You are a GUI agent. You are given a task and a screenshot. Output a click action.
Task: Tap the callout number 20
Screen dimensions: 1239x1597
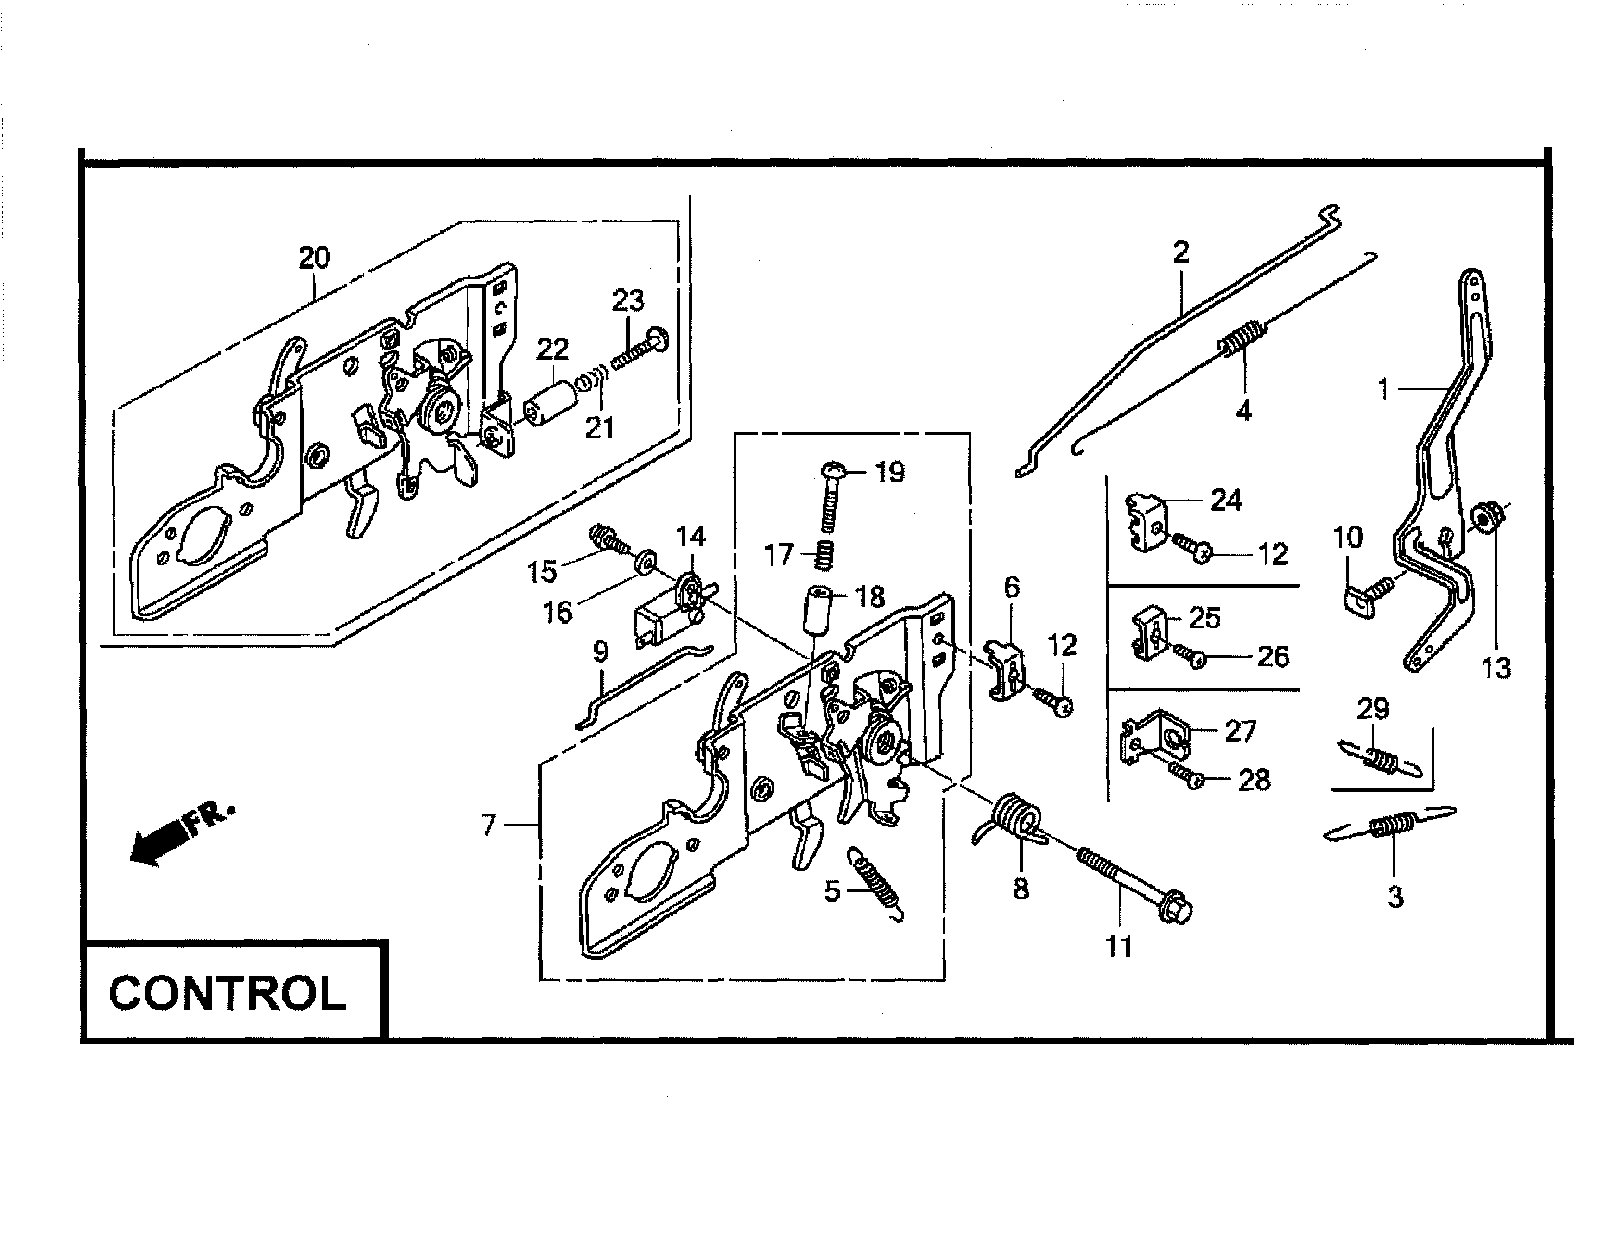pos(314,257)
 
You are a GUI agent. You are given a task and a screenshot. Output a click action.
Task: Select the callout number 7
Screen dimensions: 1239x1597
pos(488,825)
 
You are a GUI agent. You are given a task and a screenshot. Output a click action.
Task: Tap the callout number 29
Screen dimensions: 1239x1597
pos(1372,708)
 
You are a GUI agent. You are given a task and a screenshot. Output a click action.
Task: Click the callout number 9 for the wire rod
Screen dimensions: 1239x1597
pos(600,651)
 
